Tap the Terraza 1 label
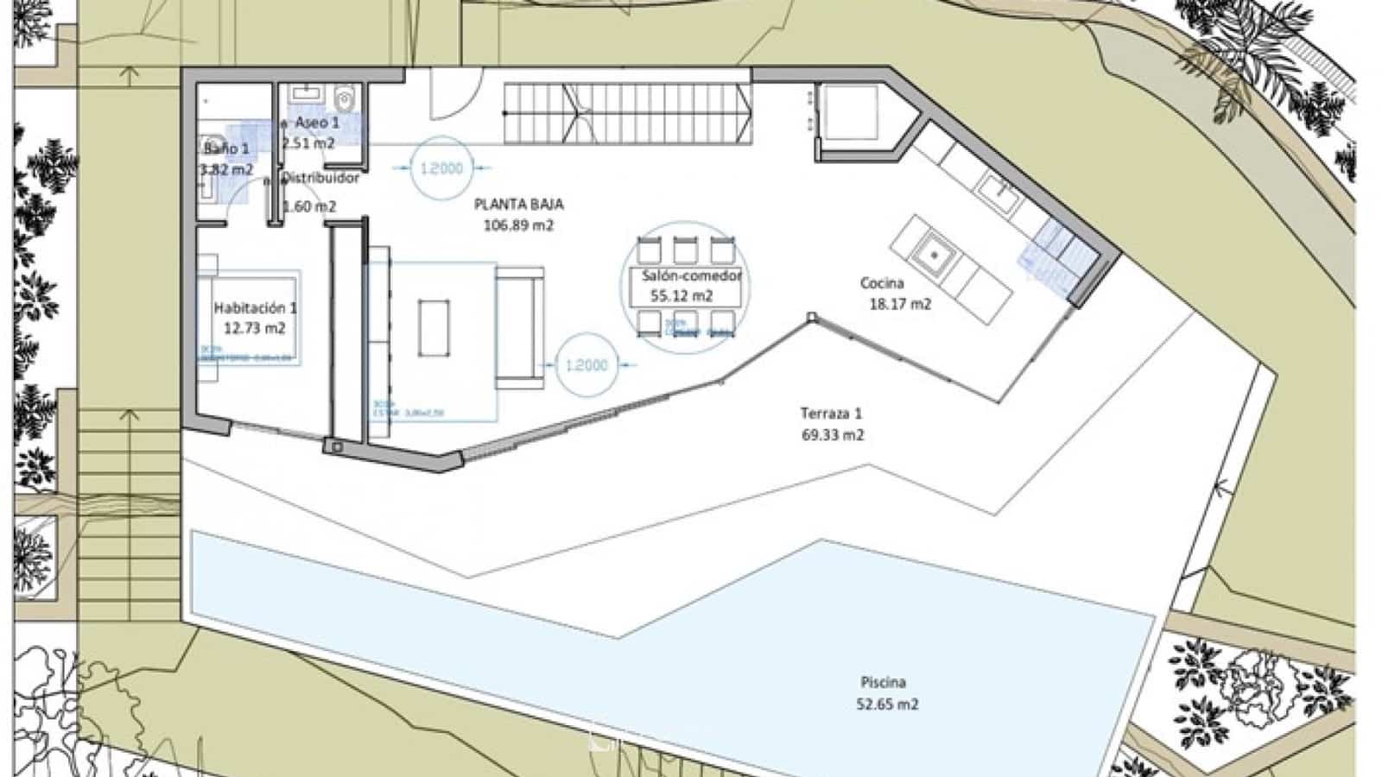(832, 424)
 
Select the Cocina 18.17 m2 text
(895, 294)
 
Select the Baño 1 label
(226, 158)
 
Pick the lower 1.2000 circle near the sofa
(586, 365)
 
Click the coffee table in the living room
(434, 327)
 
